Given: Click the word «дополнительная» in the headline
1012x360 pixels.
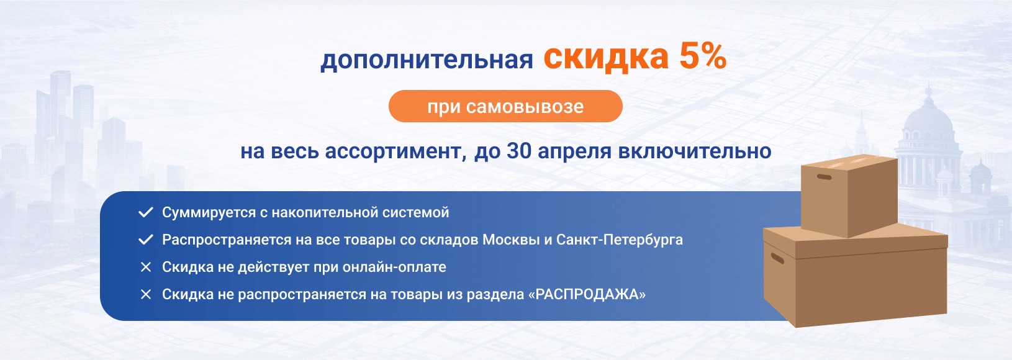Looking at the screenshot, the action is coord(427,60).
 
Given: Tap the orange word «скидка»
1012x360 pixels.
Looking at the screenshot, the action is coord(606,57).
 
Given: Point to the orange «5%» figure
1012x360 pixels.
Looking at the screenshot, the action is coord(703,56).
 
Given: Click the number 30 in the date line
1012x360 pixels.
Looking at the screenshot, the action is coord(518,151).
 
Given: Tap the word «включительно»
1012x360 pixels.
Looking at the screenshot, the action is coord(694,151).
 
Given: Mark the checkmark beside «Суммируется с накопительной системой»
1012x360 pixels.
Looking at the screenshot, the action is coord(145,212).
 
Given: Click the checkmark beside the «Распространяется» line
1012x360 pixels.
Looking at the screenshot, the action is coord(145,240).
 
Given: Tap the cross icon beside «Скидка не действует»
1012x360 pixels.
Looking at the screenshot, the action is coord(145,267).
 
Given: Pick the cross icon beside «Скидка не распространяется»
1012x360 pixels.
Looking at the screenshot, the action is coord(145,294).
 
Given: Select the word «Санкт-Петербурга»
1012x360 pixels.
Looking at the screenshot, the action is coord(620,240).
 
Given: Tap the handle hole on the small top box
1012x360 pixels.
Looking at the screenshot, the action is coord(824,177).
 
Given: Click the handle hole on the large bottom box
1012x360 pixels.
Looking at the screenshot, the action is coord(777,258).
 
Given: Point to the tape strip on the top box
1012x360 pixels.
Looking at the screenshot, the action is coord(854,160).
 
